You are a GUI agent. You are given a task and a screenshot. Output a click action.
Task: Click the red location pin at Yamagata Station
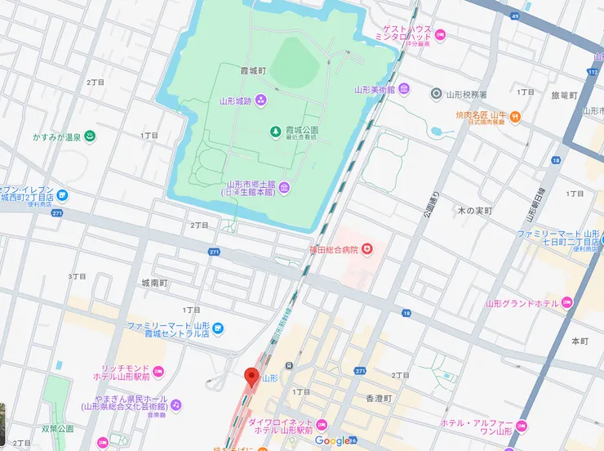point(251,377)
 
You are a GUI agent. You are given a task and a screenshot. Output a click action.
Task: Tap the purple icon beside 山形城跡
point(260,100)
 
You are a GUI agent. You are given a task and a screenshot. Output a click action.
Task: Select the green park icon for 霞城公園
point(276,131)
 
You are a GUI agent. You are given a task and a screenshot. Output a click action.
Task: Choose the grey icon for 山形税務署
point(436,95)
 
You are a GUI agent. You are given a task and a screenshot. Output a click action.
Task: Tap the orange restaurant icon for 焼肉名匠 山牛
point(516,118)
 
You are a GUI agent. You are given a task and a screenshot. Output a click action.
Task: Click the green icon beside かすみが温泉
point(91,136)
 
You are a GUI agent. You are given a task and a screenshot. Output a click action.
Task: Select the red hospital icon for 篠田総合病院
point(367,248)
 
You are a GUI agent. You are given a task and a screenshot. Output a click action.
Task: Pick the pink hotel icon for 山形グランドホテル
point(566,303)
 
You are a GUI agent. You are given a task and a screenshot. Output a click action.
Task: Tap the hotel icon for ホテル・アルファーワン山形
point(522,426)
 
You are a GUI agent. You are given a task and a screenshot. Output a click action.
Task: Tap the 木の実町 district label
point(474,211)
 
